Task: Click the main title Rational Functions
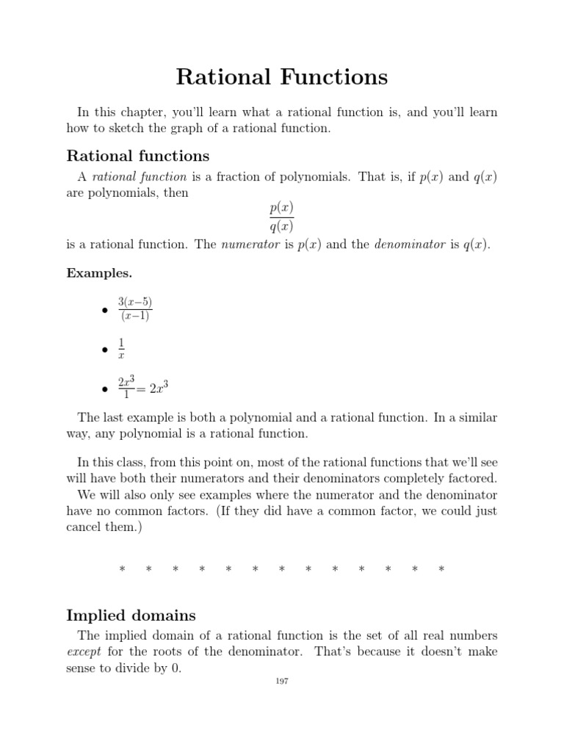(x=282, y=76)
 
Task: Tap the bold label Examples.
(x=99, y=272)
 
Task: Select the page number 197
(x=282, y=681)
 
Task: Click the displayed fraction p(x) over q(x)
(x=281, y=217)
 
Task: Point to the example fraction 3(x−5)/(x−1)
(x=134, y=309)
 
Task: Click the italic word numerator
(x=250, y=245)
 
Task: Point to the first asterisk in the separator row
(x=122, y=569)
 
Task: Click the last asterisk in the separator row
(x=441, y=569)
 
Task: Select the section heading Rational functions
(x=138, y=156)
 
